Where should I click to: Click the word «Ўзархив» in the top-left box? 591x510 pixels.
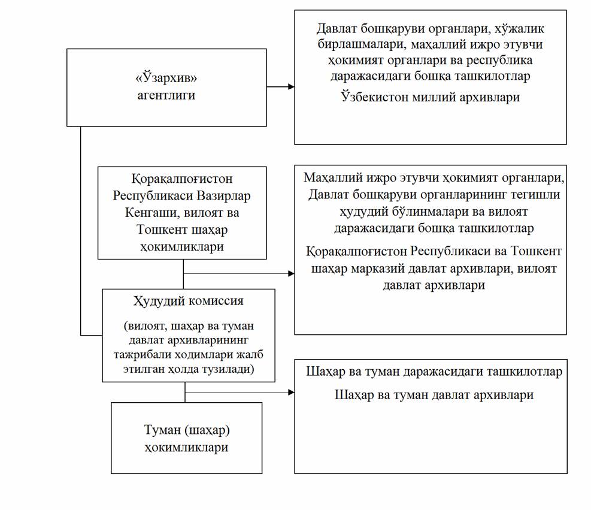point(166,79)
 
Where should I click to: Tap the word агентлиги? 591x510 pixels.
point(166,95)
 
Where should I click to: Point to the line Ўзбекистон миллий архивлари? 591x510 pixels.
point(430,97)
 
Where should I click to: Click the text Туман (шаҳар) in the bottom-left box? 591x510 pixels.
point(187,430)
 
